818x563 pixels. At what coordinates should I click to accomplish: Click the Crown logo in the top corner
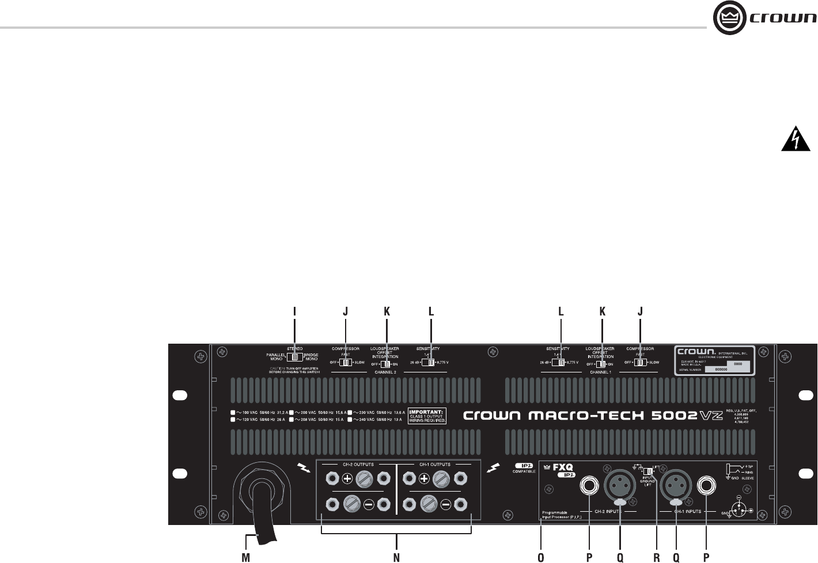click(x=764, y=20)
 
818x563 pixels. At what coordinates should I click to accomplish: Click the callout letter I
click(x=294, y=311)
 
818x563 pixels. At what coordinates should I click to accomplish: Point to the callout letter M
click(x=245, y=557)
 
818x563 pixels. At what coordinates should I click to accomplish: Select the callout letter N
click(x=396, y=557)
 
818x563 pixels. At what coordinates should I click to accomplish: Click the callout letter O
click(x=540, y=557)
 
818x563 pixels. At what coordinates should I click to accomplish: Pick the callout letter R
click(x=656, y=557)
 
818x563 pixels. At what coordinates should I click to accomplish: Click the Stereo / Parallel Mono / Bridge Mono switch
click(x=294, y=357)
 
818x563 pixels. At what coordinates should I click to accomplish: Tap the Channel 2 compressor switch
click(x=345, y=363)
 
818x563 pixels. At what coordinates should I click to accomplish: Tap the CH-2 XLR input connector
click(x=620, y=488)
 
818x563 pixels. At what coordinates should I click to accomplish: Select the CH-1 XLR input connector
click(x=676, y=488)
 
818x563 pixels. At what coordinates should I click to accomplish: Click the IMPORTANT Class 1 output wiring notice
click(x=427, y=416)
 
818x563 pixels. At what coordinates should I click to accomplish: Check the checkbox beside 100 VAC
click(x=233, y=413)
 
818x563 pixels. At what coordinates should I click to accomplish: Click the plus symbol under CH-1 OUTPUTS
click(x=423, y=478)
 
